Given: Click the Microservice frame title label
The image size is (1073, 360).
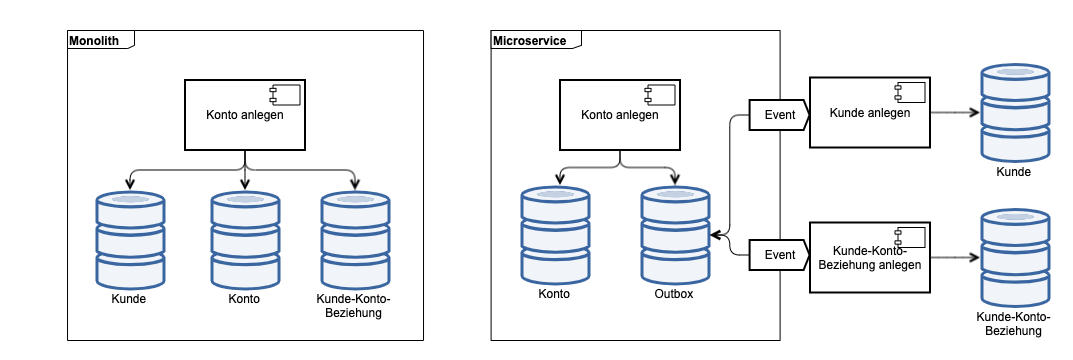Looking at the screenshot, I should pyautogui.click(x=529, y=41).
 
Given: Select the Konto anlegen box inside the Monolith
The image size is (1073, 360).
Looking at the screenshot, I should pyautogui.click(x=245, y=115).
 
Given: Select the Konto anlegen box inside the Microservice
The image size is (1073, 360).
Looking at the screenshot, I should pyautogui.click(x=619, y=115).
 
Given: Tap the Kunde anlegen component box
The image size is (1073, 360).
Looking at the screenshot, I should pyautogui.click(x=869, y=112).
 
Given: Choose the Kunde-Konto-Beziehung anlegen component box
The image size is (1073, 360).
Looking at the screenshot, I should pyautogui.click(x=869, y=257).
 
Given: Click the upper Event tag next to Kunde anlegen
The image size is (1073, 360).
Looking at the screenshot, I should pyautogui.click(x=779, y=115).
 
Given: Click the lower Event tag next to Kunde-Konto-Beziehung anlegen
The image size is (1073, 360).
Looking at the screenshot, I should pyautogui.click(x=779, y=255).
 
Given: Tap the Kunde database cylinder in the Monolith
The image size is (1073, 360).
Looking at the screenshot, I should pyautogui.click(x=130, y=241).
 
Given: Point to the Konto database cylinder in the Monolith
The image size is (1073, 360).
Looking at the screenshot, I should pyautogui.click(x=244, y=241).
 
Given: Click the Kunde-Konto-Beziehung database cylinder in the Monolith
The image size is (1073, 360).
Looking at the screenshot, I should pyautogui.click(x=355, y=241).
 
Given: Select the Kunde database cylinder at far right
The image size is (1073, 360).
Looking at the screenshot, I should pyautogui.click(x=1014, y=112).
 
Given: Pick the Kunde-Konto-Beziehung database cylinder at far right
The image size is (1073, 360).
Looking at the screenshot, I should pyautogui.click(x=1014, y=257).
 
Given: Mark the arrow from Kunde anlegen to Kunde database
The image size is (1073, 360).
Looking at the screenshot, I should pyautogui.click(x=954, y=113).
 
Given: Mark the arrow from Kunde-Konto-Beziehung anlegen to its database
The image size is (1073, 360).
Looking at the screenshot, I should pyautogui.click(x=954, y=257).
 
